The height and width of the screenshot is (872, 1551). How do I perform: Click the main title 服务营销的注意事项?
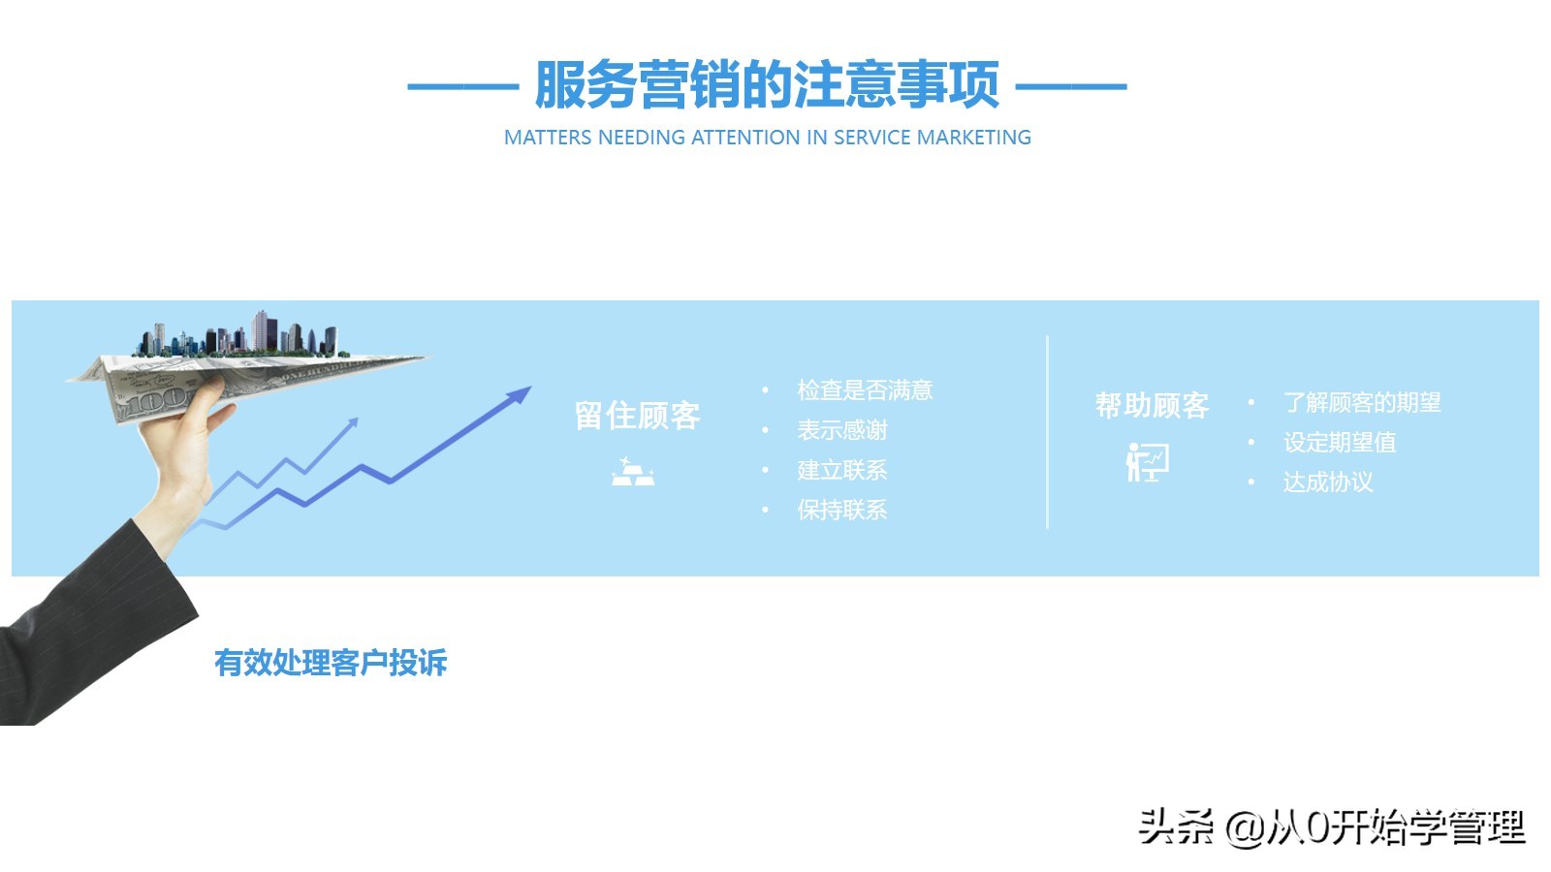tap(767, 85)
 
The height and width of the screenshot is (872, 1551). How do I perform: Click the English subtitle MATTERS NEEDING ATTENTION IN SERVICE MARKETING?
tap(767, 138)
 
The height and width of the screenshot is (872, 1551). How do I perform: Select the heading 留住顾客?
tap(637, 416)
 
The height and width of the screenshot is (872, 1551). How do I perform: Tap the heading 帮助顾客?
tap(1152, 405)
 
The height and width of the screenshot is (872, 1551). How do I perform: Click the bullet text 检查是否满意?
tap(864, 390)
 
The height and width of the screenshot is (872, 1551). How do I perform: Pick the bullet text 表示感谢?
tap(841, 430)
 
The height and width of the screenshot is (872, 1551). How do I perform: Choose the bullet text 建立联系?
tap(841, 470)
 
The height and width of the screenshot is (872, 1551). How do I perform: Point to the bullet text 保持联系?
tap(841, 510)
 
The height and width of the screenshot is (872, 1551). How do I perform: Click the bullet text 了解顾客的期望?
tap(1361, 402)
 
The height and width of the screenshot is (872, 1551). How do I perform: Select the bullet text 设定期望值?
tap(1339, 442)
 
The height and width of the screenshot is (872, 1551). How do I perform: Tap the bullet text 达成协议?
tap(1327, 482)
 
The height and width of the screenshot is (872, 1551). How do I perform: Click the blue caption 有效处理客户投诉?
tap(331, 663)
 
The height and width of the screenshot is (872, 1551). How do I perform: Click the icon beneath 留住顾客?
tap(633, 471)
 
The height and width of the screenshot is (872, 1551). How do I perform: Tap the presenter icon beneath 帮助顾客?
tap(1148, 461)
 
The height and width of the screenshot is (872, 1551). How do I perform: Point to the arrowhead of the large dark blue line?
tap(521, 394)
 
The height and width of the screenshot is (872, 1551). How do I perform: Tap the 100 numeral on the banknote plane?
tap(155, 399)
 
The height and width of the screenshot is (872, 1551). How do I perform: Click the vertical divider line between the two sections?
tap(1047, 432)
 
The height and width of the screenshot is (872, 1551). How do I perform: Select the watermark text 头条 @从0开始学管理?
tap(1331, 826)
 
